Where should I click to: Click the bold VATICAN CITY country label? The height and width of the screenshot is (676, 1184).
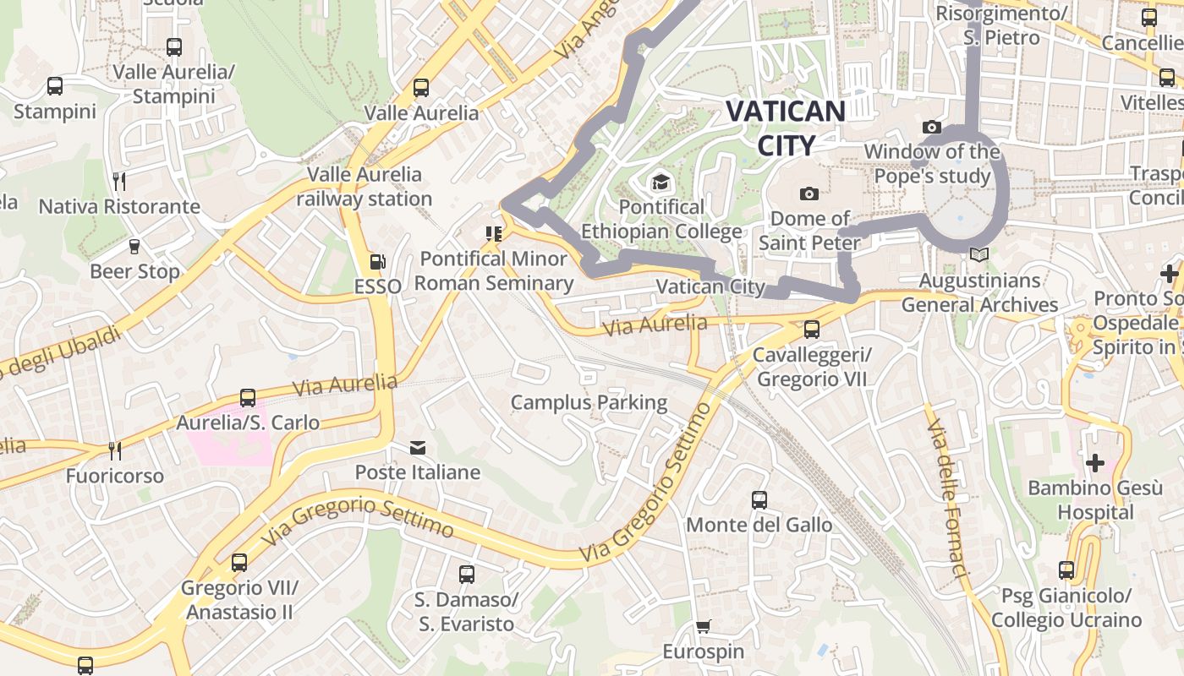786,128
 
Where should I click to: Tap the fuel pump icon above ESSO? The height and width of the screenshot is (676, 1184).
377,263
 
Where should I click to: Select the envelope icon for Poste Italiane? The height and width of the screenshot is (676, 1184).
418,448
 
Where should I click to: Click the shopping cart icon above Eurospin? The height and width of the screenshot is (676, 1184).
703,627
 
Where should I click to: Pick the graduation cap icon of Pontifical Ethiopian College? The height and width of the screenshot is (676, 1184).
660,183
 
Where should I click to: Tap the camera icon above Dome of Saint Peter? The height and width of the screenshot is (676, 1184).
809,194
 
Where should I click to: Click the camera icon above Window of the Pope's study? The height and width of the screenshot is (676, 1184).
932,128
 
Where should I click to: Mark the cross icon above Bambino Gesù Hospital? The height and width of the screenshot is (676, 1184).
1095,463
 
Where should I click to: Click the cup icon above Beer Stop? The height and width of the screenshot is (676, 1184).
134,247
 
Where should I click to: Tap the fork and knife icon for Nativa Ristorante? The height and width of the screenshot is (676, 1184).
119,182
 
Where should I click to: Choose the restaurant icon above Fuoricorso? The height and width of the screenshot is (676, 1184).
114,451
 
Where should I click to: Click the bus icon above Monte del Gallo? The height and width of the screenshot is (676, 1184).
759,500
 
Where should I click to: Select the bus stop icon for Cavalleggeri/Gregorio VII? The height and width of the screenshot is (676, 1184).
812,330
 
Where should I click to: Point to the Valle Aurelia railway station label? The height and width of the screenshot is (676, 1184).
364,187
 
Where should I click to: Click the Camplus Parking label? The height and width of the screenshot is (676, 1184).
589,403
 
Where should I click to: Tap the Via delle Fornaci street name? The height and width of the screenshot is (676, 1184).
945,499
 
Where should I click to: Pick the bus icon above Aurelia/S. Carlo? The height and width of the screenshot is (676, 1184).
248,398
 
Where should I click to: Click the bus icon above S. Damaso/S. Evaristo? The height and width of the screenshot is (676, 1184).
466,575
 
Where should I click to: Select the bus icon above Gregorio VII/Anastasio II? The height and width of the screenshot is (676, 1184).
239,563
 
